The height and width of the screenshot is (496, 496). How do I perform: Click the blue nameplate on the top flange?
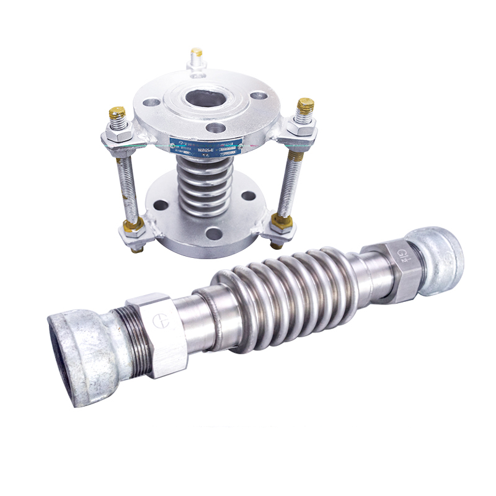click(205, 144)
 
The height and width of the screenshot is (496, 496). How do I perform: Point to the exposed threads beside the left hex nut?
click(133, 338)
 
